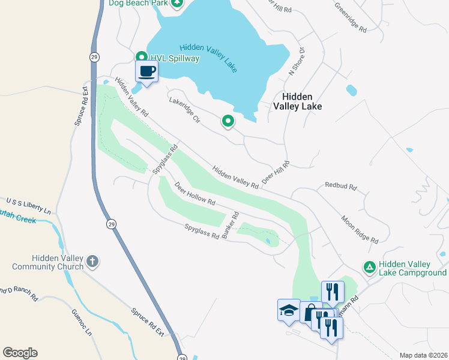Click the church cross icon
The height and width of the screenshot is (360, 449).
click(92, 261)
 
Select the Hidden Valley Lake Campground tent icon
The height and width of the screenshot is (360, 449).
click(370, 266)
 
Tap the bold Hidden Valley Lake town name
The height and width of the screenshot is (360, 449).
click(298, 101)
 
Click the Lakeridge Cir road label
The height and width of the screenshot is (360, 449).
click(187, 110)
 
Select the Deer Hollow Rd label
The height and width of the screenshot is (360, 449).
click(194, 194)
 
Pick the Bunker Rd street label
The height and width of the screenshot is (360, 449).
click(231, 226)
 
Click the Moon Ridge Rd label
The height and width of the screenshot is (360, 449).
click(360, 230)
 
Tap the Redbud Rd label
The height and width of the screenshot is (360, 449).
click(340, 187)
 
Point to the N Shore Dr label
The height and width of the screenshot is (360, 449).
click(297, 61)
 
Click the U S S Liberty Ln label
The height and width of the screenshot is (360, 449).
click(29, 205)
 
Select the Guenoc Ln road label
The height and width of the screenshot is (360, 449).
click(82, 322)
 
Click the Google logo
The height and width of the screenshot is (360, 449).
click(20, 353)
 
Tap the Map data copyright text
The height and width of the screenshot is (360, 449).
click(423, 355)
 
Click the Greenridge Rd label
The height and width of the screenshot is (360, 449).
click(351, 16)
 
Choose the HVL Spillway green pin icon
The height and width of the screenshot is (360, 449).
click(141, 58)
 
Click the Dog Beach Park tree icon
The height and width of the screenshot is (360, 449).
click(176, 3)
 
